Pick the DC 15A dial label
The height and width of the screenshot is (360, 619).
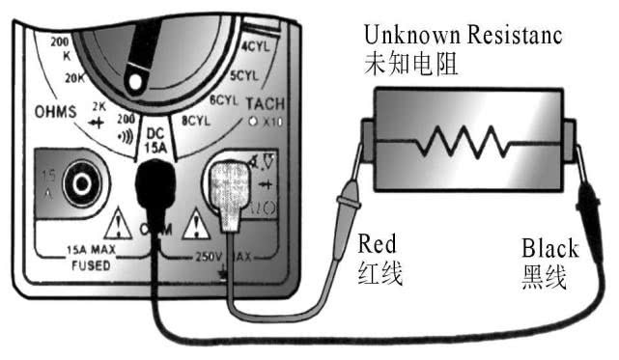[x=155, y=140]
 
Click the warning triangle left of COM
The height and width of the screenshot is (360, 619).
[x=120, y=225]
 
